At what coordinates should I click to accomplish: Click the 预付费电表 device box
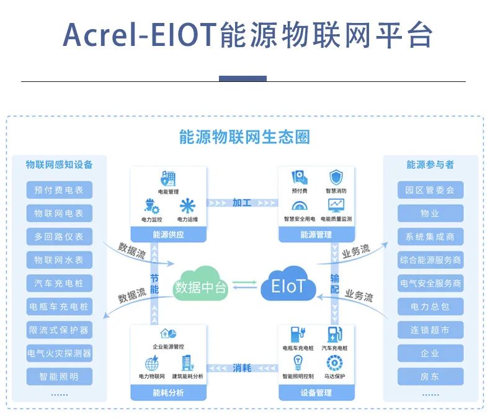point(59,189)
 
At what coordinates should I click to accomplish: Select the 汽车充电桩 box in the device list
point(59,283)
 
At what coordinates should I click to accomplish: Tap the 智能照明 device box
point(59,376)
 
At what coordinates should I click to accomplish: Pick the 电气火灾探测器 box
point(59,353)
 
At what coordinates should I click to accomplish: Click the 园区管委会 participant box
point(430,189)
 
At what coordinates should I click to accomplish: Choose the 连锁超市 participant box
point(430,330)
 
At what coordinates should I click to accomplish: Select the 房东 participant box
point(430,376)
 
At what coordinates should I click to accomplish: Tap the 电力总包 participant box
point(430,306)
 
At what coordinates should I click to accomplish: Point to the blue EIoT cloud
point(288,285)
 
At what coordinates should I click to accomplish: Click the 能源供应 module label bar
point(168,235)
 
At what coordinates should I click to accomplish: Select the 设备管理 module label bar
point(316,392)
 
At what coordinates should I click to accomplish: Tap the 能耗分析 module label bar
point(168,392)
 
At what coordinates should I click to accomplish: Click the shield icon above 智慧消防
point(336,177)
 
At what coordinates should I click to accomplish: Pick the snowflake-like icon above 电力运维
point(187,205)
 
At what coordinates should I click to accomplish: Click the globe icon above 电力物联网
point(151,363)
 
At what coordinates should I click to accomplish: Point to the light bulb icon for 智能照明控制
point(298,363)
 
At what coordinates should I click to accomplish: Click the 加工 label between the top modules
point(242,202)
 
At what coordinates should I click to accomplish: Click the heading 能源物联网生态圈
point(244,137)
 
